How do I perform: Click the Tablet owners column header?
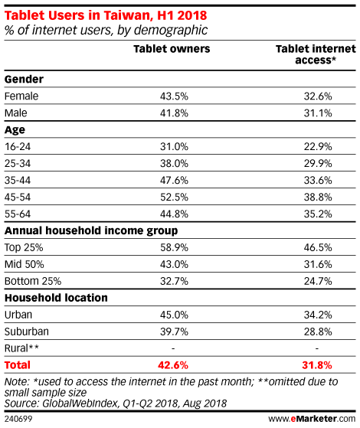172,49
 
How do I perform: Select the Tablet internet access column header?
316,54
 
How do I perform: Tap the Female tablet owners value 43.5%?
174,96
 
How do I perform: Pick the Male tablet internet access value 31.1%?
318,113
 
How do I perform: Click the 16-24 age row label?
18,146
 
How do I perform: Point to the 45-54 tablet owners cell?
174,197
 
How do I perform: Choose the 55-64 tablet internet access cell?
318,214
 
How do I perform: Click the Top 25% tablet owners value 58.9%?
174,247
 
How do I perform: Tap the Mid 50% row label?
24,264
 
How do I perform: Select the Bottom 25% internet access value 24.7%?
318,281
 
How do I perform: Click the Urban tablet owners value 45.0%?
174,315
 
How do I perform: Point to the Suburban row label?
27,332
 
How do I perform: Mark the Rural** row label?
21,348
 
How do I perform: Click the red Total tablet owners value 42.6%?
173,365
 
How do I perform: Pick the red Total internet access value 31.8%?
317,365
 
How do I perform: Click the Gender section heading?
24,79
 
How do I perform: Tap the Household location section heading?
56,298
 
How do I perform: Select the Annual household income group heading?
91,230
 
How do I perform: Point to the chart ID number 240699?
18,419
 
